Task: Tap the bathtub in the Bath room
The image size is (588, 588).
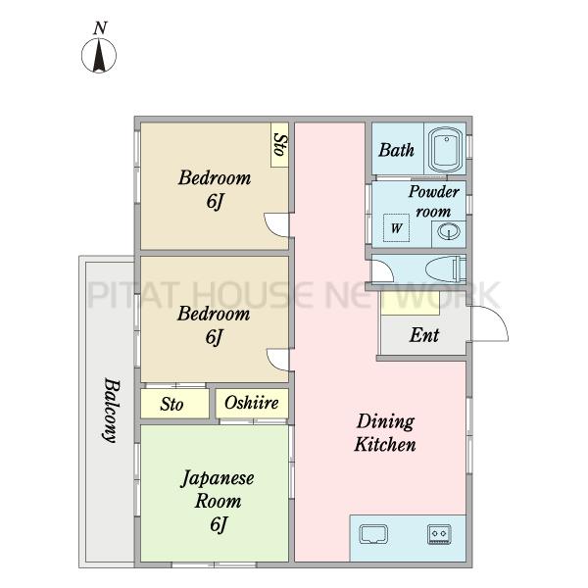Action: (446, 150)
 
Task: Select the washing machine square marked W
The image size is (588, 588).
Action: (396, 227)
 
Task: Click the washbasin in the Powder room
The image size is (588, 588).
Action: (449, 231)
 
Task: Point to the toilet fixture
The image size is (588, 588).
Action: (446, 269)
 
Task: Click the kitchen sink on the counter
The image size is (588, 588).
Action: (373, 534)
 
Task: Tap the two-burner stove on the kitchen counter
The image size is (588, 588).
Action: (439, 534)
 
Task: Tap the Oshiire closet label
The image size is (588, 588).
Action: (252, 403)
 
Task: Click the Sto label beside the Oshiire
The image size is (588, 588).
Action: (171, 404)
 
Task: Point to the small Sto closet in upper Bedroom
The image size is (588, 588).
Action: (279, 145)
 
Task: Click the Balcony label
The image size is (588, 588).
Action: (112, 411)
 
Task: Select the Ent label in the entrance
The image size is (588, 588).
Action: (424, 335)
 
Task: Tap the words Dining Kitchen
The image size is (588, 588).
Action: (385, 432)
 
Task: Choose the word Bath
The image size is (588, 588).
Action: (396, 150)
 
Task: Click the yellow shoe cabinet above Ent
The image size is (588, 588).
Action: (410, 304)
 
